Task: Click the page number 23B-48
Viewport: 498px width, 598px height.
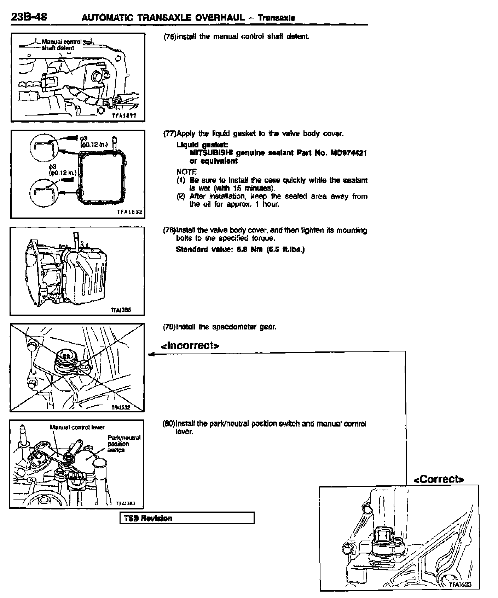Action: click(29, 17)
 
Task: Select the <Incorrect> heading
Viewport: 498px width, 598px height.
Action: click(190, 345)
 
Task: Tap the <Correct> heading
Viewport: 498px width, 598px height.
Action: click(439, 479)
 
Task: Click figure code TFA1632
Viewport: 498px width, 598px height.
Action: click(129, 212)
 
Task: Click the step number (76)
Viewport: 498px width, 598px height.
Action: click(169, 36)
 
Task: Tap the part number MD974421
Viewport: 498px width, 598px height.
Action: click(348, 153)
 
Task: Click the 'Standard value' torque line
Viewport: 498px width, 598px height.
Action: click(240, 249)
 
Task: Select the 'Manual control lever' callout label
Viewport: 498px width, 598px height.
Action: click(77, 427)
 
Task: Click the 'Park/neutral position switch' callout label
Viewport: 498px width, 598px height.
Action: click(123, 444)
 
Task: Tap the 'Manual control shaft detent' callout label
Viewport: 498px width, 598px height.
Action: click(60, 45)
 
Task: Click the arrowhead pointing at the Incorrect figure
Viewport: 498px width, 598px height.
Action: click(151, 354)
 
